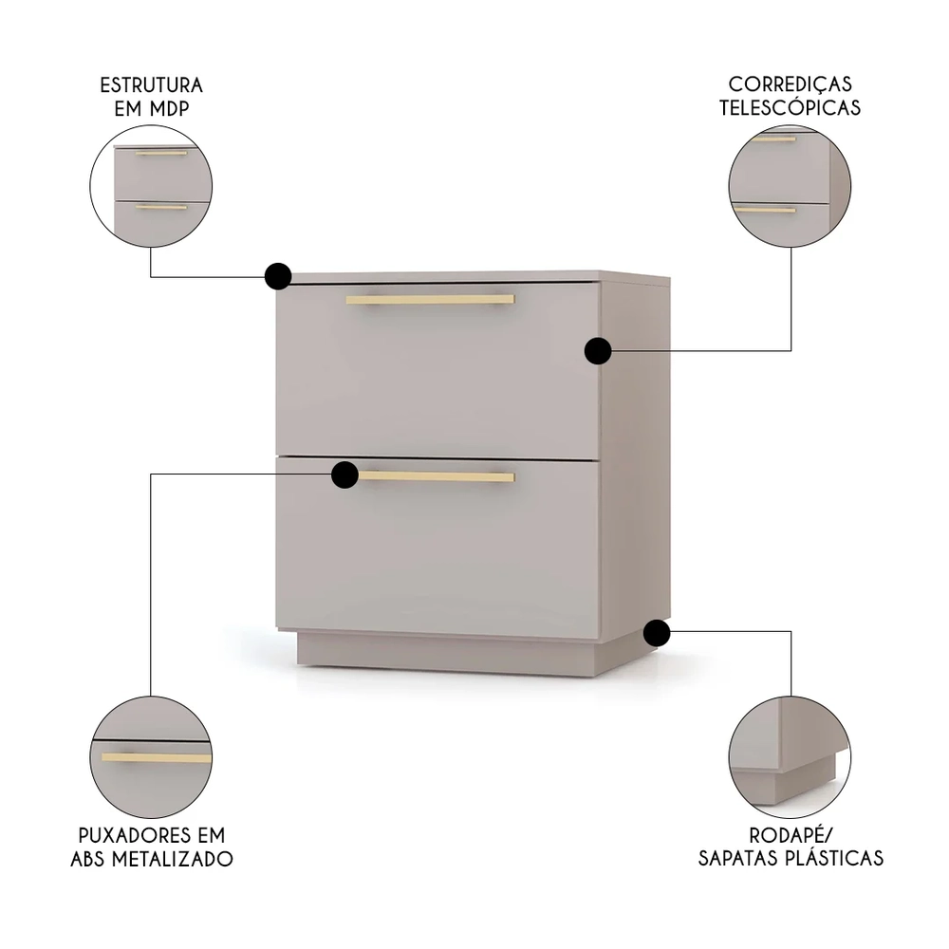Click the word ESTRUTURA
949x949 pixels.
point(151,85)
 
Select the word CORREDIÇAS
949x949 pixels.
point(790,85)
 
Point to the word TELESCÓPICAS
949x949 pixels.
point(790,107)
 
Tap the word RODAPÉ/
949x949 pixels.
point(790,835)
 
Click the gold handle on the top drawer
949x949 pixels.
point(430,300)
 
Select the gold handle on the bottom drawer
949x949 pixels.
point(437,476)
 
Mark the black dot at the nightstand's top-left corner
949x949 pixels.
point(277,276)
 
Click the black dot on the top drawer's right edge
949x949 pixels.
point(597,351)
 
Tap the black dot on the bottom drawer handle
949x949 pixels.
point(344,474)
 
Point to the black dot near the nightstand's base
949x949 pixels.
point(656,632)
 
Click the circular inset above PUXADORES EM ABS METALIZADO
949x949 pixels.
point(151,756)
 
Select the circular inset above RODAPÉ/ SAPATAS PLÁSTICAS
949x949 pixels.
point(790,756)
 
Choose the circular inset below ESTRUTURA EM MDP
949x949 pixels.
point(151,187)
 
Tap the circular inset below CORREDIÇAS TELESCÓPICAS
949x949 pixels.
point(790,187)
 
